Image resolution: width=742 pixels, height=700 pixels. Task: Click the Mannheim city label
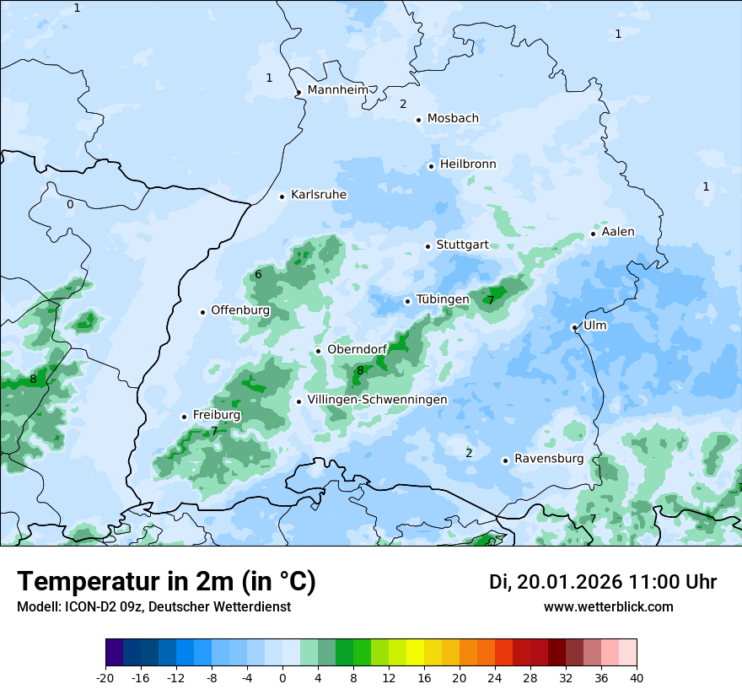click(x=338, y=89)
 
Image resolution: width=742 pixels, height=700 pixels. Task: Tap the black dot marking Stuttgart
click(x=427, y=246)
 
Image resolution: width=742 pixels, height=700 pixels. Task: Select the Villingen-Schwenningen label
click(x=377, y=400)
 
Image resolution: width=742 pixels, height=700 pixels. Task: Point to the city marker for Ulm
click(x=574, y=327)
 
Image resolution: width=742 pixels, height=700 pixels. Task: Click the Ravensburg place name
click(x=549, y=459)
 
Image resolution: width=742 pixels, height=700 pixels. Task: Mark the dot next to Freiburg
click(x=184, y=417)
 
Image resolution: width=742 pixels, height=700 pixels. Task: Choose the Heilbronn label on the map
click(x=468, y=164)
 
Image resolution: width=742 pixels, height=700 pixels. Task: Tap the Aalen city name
click(x=618, y=232)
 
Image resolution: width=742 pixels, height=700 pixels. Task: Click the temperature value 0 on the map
click(x=70, y=204)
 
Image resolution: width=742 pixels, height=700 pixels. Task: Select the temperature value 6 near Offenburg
click(x=258, y=274)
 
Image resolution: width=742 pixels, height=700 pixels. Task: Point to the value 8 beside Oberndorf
click(x=360, y=370)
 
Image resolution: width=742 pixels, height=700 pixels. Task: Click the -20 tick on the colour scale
click(x=105, y=678)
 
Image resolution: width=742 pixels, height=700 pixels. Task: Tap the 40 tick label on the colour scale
click(x=637, y=678)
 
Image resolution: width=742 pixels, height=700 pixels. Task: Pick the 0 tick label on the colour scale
click(x=282, y=678)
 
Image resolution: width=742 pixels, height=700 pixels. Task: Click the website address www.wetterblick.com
click(x=608, y=607)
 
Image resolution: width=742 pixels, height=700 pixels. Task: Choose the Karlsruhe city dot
click(x=282, y=197)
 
